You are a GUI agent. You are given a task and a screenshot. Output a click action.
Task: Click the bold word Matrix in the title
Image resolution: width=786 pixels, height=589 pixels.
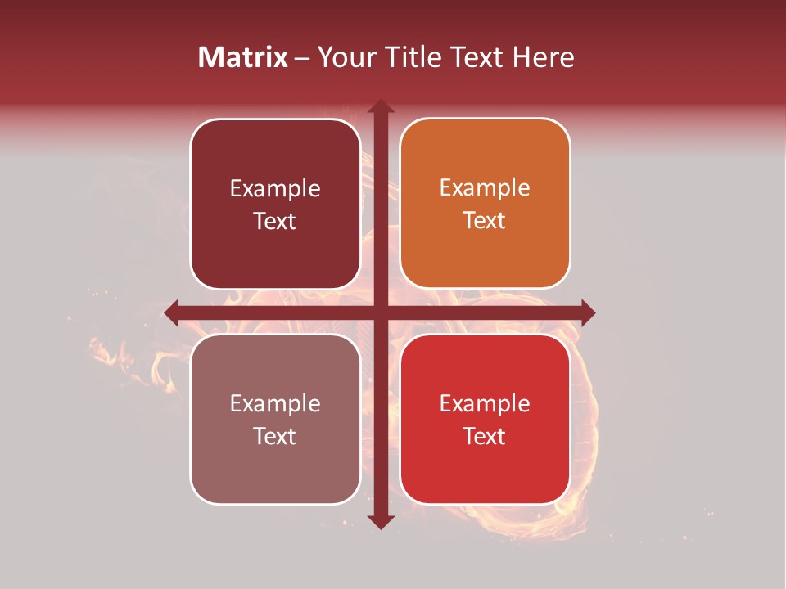[243, 57]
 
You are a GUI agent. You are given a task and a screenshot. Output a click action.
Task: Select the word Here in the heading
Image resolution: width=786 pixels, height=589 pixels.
[543, 57]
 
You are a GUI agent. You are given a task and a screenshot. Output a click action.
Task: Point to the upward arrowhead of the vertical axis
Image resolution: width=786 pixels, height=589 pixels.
[380, 106]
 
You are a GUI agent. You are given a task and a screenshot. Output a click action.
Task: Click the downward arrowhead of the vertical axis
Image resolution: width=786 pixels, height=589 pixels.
[380, 521]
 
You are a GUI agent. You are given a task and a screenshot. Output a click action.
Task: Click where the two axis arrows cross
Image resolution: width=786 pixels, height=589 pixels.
[380, 312]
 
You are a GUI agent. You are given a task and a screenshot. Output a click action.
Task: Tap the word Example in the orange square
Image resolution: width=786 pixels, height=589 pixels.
[485, 188]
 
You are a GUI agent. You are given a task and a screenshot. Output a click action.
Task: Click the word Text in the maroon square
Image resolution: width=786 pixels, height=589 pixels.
[275, 222]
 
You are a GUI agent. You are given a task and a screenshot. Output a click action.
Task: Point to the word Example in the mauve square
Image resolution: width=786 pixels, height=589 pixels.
[275, 403]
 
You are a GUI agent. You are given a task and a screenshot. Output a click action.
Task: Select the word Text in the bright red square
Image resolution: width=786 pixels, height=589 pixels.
[485, 437]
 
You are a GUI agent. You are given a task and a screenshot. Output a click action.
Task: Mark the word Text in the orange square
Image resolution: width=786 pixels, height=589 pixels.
[485, 221]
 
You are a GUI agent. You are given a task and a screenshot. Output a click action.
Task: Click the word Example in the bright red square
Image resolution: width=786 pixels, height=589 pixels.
[485, 403]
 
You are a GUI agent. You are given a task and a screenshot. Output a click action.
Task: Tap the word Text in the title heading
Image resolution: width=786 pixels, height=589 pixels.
[478, 57]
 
